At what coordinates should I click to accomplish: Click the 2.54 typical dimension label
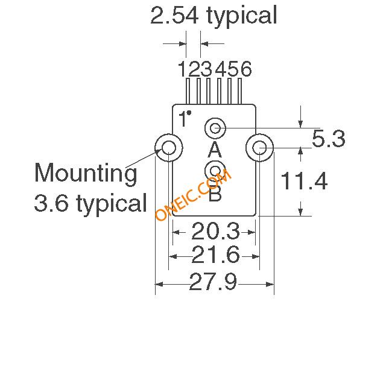pyautogui.click(x=214, y=16)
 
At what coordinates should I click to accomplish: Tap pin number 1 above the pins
pyautogui.click(x=183, y=69)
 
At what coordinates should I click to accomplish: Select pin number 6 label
pyautogui.click(x=245, y=69)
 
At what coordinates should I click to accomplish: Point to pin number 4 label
pyautogui.click(x=220, y=69)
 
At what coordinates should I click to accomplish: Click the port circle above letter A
pyautogui.click(x=215, y=128)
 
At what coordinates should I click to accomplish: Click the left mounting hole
pyautogui.click(x=168, y=147)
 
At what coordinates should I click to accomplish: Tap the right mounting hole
pyautogui.click(x=260, y=147)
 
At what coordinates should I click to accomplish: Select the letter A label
pyautogui.click(x=215, y=149)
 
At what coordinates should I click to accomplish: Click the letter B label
pyautogui.click(x=215, y=194)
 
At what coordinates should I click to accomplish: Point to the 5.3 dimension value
pyautogui.click(x=329, y=139)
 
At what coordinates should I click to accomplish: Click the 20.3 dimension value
pyautogui.click(x=215, y=231)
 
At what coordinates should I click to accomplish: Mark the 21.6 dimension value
pyautogui.click(x=215, y=256)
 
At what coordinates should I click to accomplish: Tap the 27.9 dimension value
pyautogui.click(x=214, y=282)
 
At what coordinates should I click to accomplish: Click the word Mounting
pyautogui.click(x=86, y=174)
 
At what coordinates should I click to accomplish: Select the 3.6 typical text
pyautogui.click(x=90, y=203)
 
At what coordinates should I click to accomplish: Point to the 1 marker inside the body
pyautogui.click(x=184, y=118)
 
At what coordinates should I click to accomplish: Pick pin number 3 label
pyautogui.click(x=206, y=69)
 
